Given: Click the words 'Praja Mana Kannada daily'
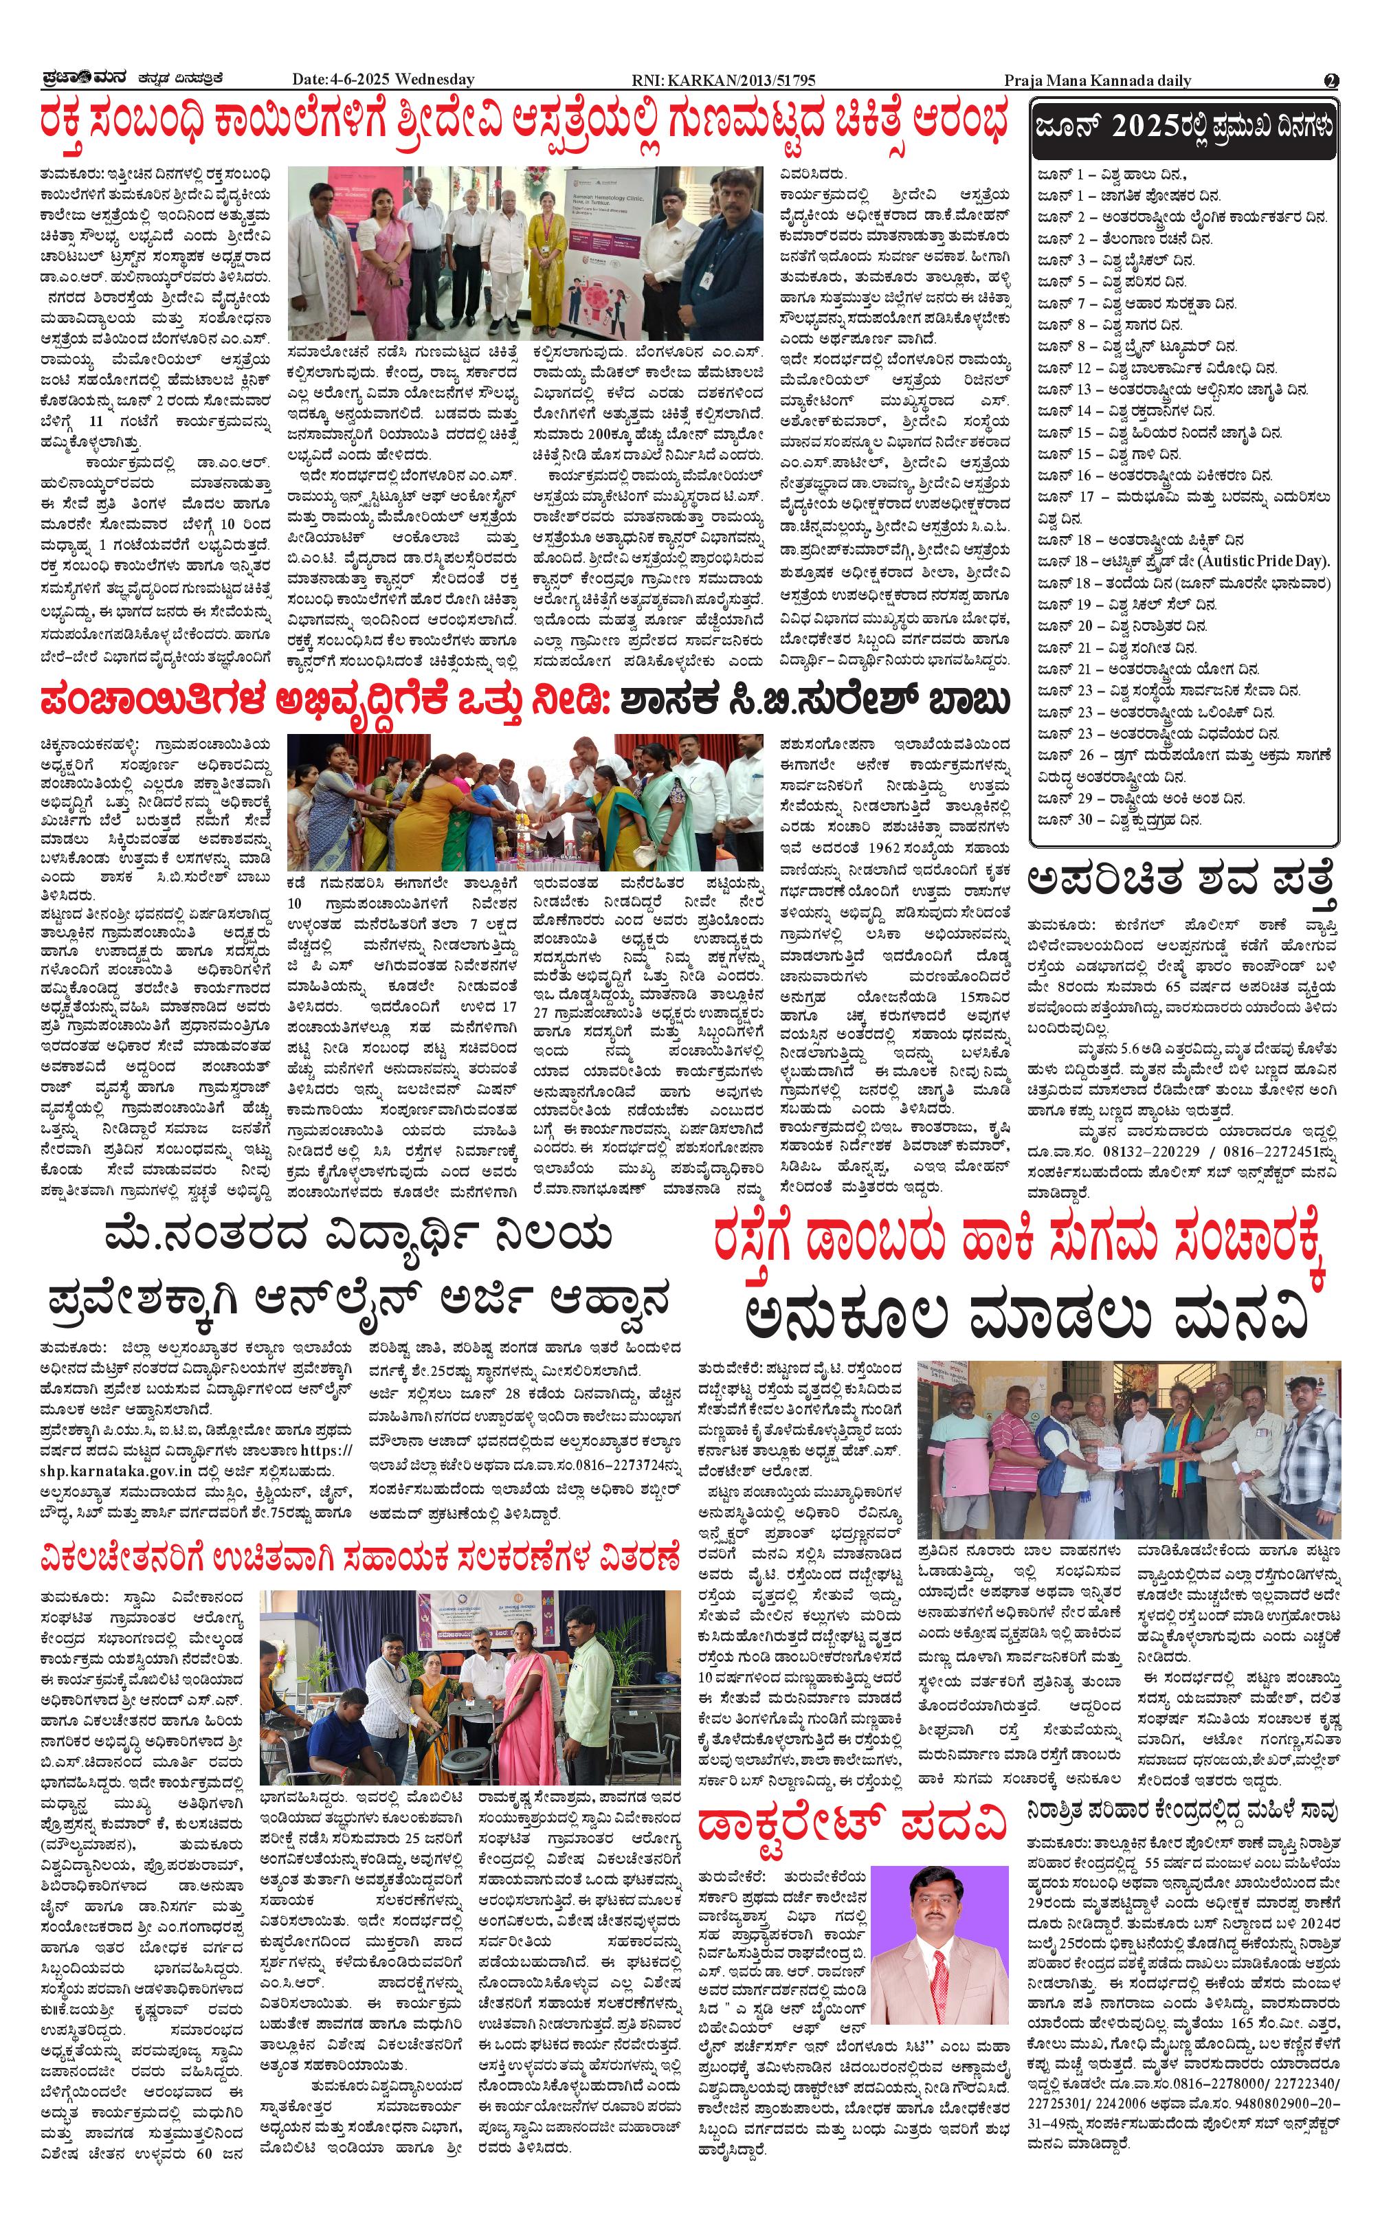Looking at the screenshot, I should (1097, 80).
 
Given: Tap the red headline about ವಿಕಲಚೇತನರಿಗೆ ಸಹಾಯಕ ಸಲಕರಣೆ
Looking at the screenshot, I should (361, 1558).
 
